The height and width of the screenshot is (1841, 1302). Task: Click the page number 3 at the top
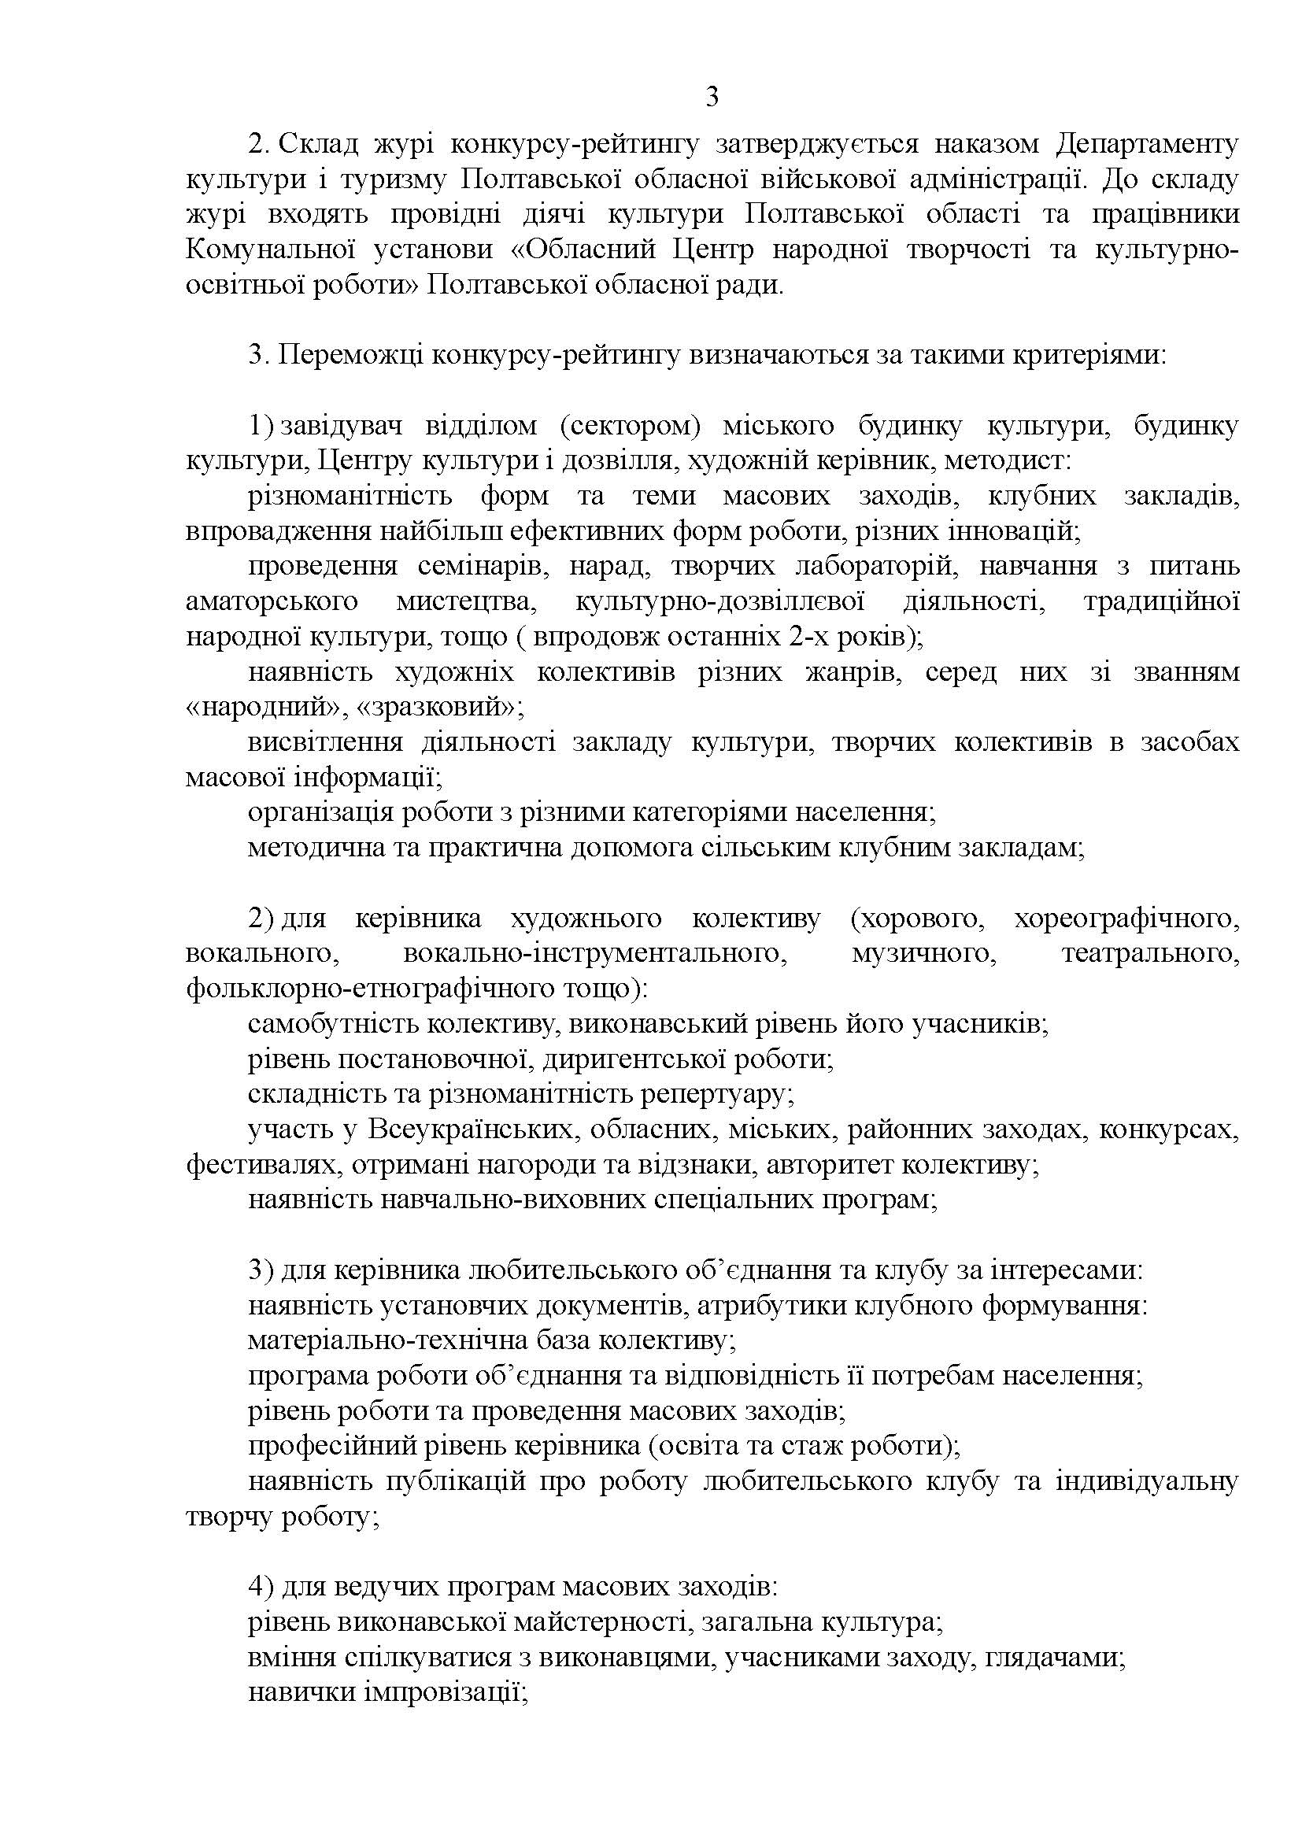[x=711, y=98]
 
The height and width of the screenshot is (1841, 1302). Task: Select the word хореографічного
[x=1126, y=918]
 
